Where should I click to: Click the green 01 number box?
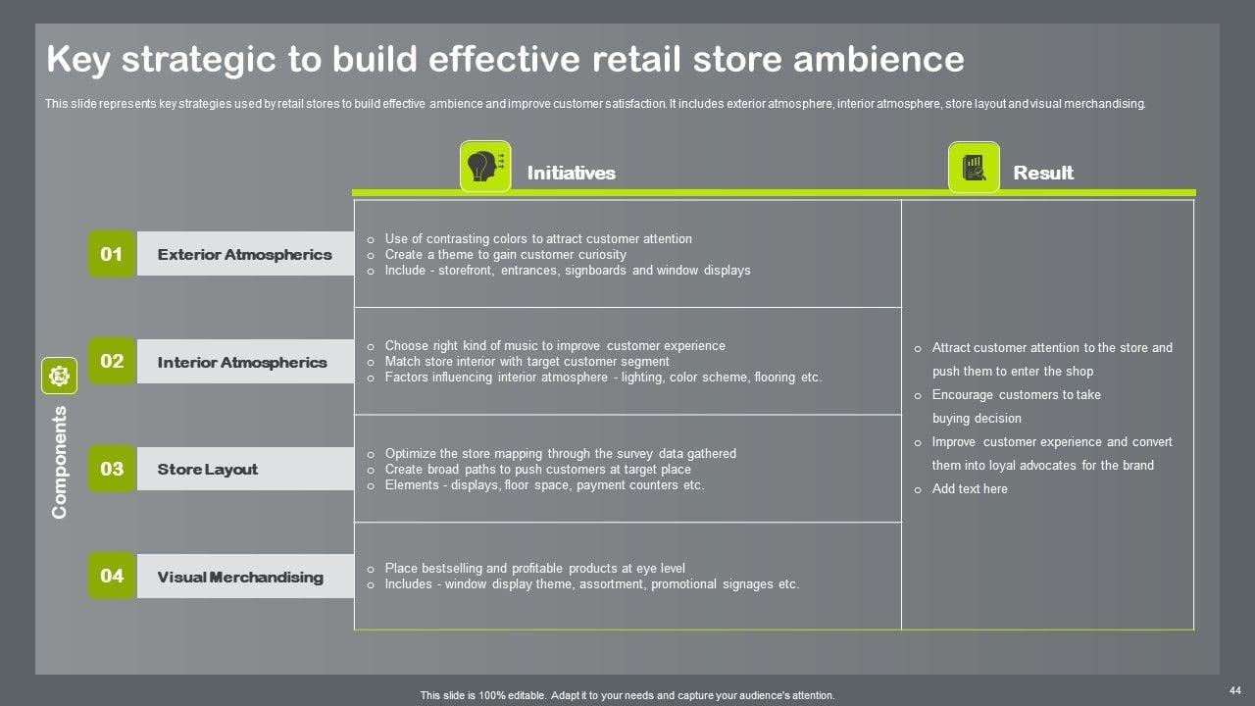point(112,255)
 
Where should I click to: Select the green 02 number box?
point(112,362)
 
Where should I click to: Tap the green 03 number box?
point(112,469)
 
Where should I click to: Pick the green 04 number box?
point(112,577)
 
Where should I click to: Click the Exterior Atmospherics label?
point(244,255)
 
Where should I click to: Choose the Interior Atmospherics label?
point(242,362)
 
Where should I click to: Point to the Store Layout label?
point(208,470)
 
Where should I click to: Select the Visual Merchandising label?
point(240,578)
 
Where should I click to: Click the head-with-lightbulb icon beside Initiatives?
point(485,167)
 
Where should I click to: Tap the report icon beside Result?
point(974,168)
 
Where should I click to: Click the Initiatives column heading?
point(571,174)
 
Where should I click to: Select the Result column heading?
point(1043,174)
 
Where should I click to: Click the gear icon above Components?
point(59,376)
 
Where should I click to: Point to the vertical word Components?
point(60,462)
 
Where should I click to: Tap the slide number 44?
point(1234,691)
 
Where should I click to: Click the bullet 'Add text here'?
point(969,489)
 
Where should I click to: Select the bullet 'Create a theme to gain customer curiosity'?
point(505,255)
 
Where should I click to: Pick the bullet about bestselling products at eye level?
point(534,569)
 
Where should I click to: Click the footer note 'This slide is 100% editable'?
point(627,695)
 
